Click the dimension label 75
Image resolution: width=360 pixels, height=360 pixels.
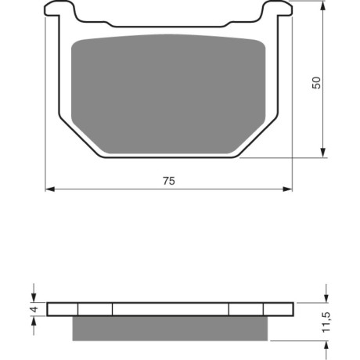(169, 181)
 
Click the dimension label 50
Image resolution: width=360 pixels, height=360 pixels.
(316, 83)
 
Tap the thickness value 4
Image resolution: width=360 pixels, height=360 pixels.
(34, 309)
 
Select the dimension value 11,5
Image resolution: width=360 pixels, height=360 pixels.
(326, 322)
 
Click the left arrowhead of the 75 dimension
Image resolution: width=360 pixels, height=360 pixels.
(50, 189)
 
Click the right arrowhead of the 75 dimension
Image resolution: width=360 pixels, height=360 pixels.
(287, 189)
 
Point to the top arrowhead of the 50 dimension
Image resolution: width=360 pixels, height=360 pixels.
(323, 5)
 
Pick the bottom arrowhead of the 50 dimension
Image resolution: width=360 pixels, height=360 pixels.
(323, 153)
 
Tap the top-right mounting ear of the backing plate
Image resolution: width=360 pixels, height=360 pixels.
(278, 9)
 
